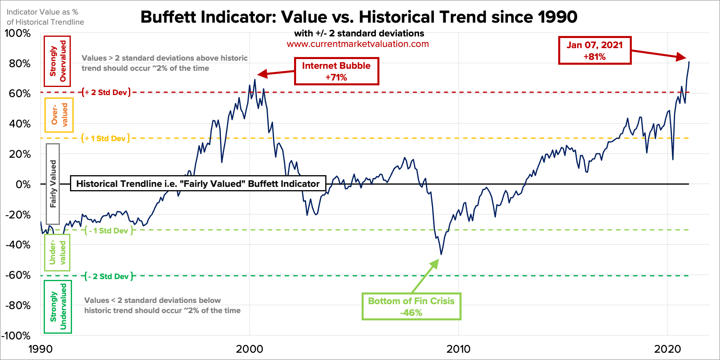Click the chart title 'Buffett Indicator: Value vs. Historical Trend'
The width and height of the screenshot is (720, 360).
pos(358,17)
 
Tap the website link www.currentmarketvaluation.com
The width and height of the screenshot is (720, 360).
pos(358,44)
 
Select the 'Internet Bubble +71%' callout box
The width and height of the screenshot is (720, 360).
pos(336,71)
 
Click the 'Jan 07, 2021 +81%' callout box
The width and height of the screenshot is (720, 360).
pos(594,51)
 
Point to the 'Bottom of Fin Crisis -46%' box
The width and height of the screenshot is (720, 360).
pos(411,307)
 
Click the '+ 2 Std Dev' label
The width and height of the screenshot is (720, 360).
pos(106,92)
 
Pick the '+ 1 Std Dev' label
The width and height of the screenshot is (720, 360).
pos(106,138)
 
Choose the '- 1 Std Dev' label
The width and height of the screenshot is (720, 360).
pos(109,231)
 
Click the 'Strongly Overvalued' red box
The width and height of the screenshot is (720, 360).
pos(57,61)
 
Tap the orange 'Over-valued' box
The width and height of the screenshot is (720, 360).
pos(59,115)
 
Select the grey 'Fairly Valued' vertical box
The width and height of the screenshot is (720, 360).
pos(53,184)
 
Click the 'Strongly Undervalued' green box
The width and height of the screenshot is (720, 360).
pos(58,307)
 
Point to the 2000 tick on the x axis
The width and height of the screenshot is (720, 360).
pos(250,349)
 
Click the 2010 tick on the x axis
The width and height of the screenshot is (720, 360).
pos(458,349)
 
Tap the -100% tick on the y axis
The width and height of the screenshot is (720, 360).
pos(16,336)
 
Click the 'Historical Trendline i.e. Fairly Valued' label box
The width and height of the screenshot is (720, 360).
pos(198,184)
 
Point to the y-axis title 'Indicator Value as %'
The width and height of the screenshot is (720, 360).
pos(42,12)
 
